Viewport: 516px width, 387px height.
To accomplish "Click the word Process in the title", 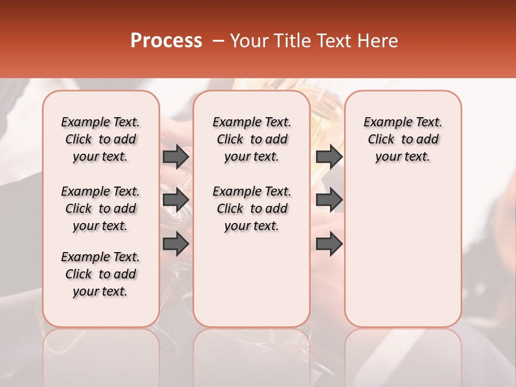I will [x=166, y=40].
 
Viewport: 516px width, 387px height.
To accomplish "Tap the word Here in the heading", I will [x=378, y=40].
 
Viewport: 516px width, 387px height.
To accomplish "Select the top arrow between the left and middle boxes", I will [x=176, y=156].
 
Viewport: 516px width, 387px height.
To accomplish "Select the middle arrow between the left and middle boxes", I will [x=176, y=200].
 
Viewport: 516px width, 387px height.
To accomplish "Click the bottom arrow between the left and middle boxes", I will [x=176, y=243].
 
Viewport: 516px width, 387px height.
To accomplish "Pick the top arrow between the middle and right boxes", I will [x=329, y=156].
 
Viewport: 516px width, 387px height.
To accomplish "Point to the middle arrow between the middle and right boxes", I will [x=329, y=200].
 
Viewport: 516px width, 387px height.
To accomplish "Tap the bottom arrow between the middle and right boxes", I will [x=329, y=243].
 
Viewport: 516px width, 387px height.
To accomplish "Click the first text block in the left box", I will [x=101, y=139].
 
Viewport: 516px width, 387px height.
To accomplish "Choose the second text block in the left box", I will [x=101, y=209].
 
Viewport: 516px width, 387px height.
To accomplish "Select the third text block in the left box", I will [x=101, y=274].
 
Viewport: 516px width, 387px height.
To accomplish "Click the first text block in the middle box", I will [x=252, y=139].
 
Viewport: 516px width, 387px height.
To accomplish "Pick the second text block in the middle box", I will [x=252, y=209].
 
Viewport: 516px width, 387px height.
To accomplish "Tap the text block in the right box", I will [x=403, y=139].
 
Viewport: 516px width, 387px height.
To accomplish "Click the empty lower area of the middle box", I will [x=252, y=279].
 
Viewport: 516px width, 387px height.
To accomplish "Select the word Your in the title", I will [x=248, y=40].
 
